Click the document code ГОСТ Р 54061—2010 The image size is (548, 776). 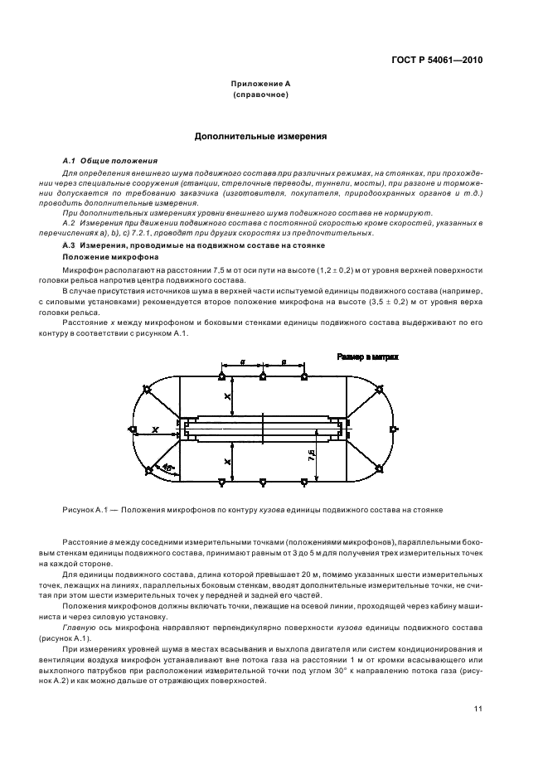[x=438, y=61]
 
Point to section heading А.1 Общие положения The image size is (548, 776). [x=100, y=160]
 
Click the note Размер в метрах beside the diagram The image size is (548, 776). [x=367, y=356]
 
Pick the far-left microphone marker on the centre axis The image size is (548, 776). [x=132, y=429]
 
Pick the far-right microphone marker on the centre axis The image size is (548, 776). [x=394, y=429]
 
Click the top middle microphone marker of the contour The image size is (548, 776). [x=263, y=377]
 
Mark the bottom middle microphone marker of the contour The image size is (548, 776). [x=263, y=481]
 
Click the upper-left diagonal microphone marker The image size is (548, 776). [x=147, y=388]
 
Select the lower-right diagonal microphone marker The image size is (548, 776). [x=381, y=470]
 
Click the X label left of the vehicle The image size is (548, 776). [x=155, y=429]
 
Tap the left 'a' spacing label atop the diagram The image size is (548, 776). [x=241, y=361]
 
